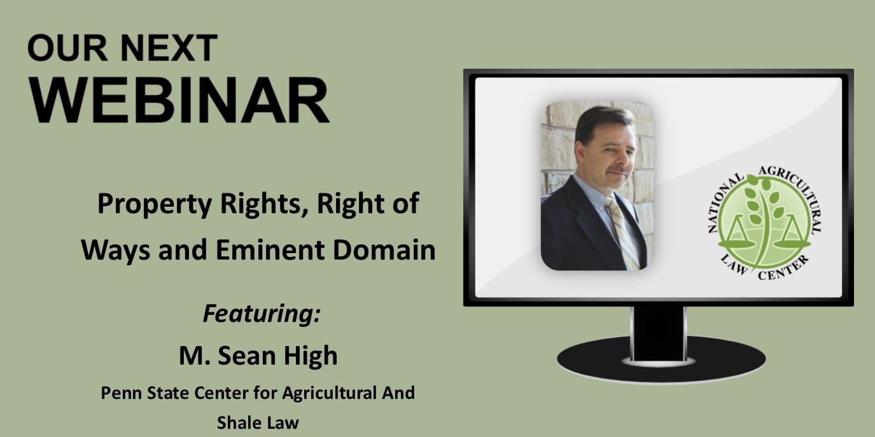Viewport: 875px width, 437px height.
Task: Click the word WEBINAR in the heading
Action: point(179,100)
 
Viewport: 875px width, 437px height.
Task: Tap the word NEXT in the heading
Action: point(169,48)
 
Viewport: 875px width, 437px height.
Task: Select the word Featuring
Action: point(262,313)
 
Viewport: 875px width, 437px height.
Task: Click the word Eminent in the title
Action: point(270,250)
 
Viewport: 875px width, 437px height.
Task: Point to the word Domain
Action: point(384,250)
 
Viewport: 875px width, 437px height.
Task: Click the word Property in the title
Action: point(154,204)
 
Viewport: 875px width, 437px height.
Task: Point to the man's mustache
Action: point(619,170)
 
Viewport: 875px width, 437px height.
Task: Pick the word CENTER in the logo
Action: point(783,269)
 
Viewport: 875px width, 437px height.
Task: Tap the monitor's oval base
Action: point(661,361)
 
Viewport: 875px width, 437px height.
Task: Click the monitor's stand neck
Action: point(659,333)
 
